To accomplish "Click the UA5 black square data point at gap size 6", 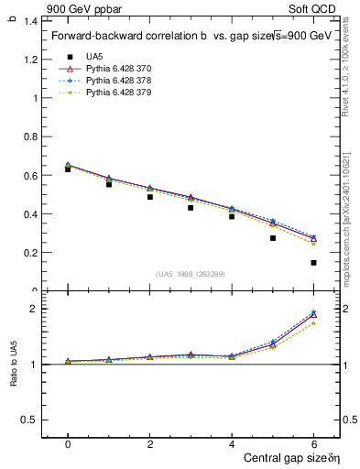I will click(313, 263).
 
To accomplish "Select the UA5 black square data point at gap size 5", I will click(273, 238).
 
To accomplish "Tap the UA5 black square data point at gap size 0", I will click(68, 169).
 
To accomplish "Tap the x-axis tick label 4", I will click(232, 444).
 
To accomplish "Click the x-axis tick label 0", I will click(68, 444).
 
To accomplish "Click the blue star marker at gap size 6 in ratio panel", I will click(313, 312).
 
